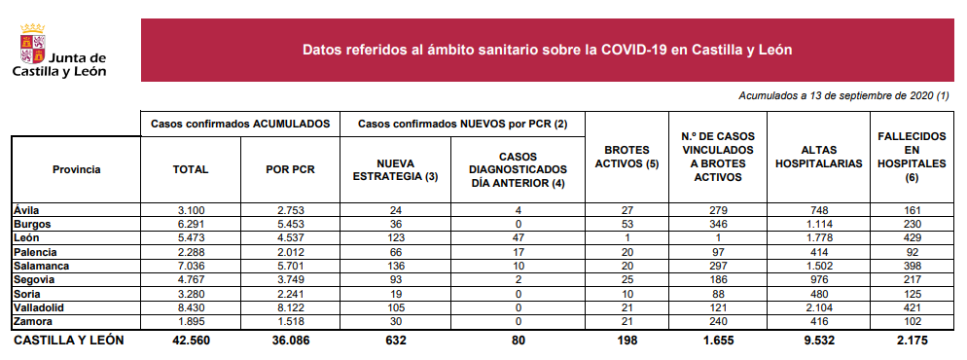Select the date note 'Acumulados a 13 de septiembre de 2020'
[x=843, y=95]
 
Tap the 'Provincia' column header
[x=77, y=169]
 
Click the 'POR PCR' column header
[x=289, y=169]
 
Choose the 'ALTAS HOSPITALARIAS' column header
[x=818, y=157]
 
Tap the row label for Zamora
[x=34, y=321]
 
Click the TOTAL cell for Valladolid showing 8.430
[x=191, y=307]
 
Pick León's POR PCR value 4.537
[x=289, y=237]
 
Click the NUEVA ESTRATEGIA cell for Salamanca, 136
[x=395, y=265]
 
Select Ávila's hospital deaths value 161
[x=911, y=209]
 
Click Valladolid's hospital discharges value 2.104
[x=818, y=307]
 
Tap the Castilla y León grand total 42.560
[x=191, y=341]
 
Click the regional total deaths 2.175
[x=911, y=341]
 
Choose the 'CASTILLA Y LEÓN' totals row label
[x=69, y=341]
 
